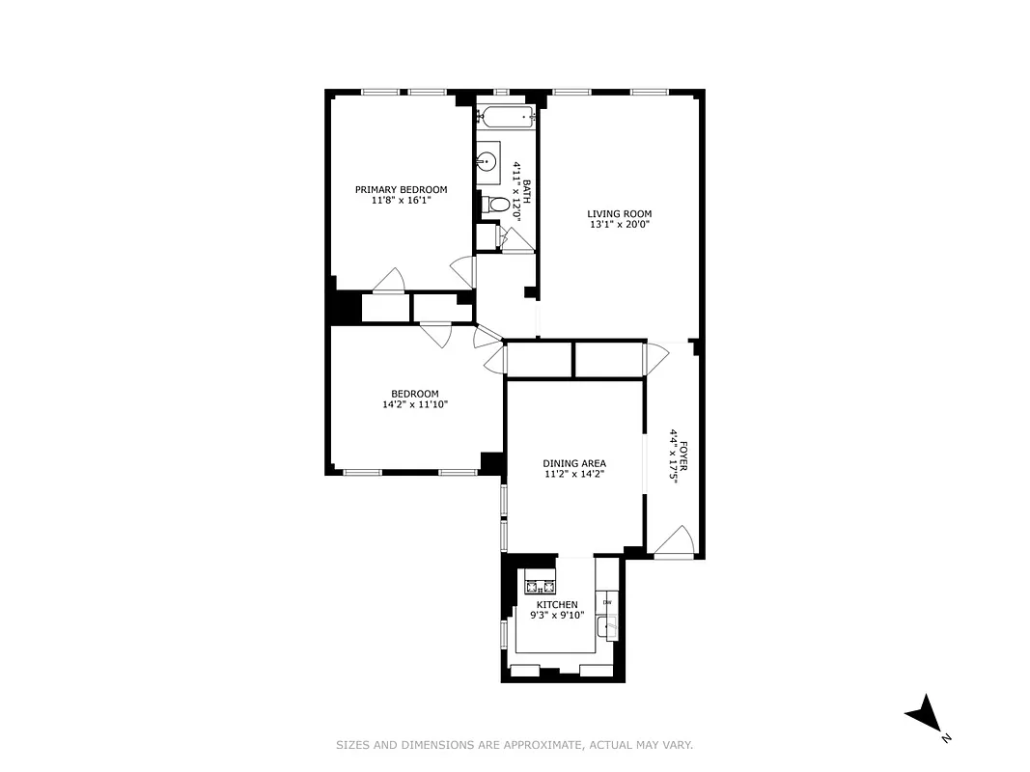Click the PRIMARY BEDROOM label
tap(401, 189)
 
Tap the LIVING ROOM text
tap(619, 214)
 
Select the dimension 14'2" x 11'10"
tap(414, 404)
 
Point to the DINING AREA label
tap(573, 463)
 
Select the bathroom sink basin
tap(488, 159)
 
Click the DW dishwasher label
tap(607, 603)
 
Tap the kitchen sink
tap(607, 632)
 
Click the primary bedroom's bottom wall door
tap(390, 279)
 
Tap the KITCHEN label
tap(557, 605)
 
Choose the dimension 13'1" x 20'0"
tap(619, 225)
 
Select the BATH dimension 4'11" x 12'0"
tap(516, 192)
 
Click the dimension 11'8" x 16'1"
tap(401, 200)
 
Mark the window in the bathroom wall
tap(501, 92)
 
